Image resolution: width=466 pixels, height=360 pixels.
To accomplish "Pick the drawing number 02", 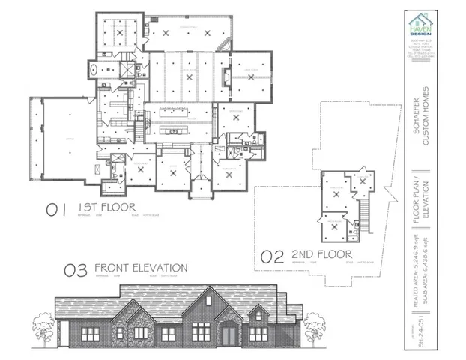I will pos(272,256).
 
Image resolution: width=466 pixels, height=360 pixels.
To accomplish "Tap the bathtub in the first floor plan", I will pos(92,70).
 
